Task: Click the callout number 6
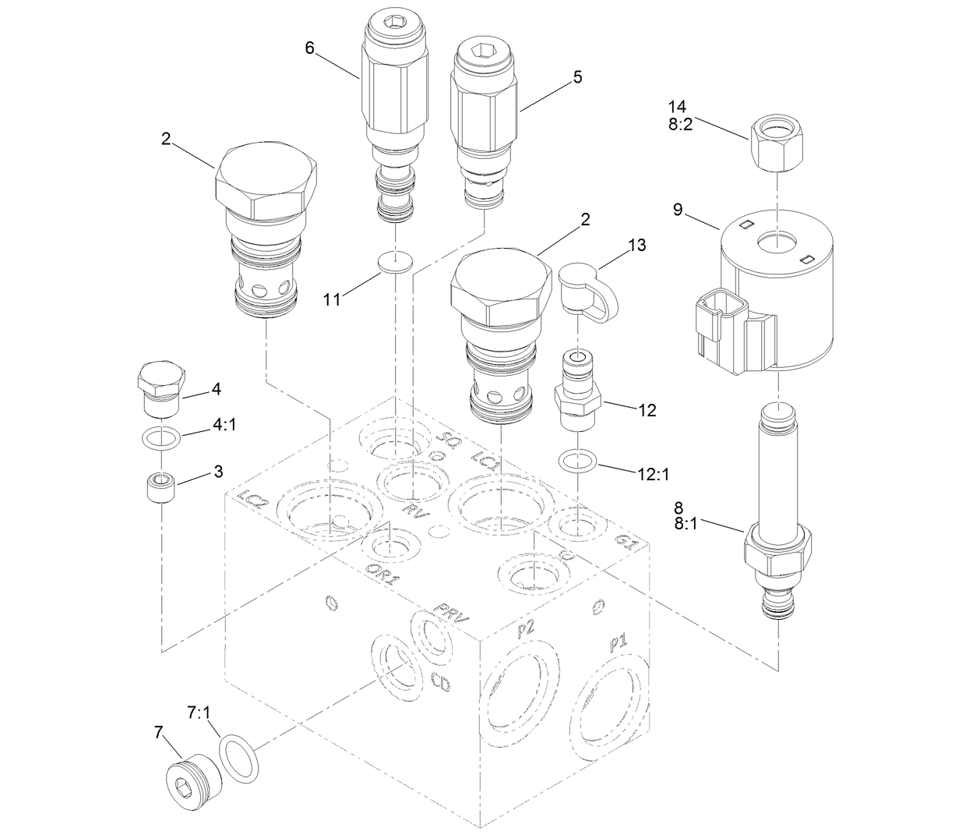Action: pos(310,48)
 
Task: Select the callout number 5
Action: pos(577,76)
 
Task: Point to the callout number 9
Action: pos(678,209)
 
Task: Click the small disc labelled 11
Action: pos(395,263)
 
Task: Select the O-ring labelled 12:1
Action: pos(578,460)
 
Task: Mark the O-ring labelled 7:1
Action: pos(238,757)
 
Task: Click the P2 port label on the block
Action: pos(526,628)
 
